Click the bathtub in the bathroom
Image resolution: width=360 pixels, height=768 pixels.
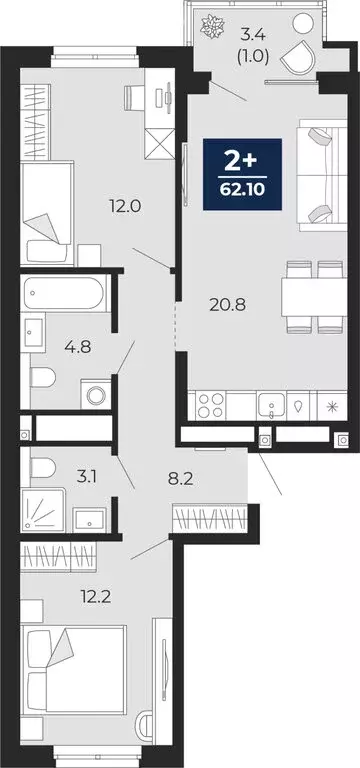tap(64, 294)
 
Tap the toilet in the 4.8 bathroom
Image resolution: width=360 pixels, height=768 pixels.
tap(43, 378)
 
